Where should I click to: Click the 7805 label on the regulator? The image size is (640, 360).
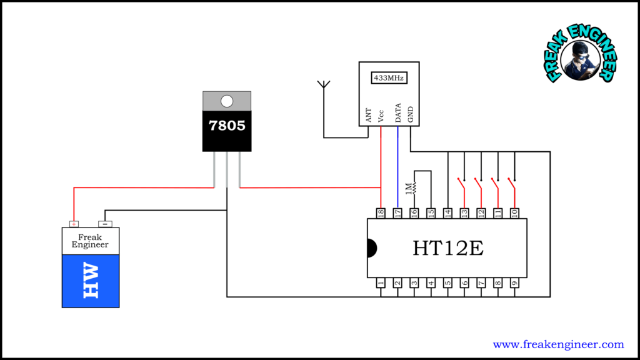coord(227,126)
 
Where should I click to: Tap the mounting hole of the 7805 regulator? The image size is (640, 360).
coord(227,101)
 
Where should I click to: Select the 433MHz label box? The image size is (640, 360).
coord(389,78)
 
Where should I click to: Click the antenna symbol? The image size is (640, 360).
coord(324,87)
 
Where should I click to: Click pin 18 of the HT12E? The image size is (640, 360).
coord(380,213)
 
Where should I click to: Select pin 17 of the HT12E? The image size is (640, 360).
coord(397,213)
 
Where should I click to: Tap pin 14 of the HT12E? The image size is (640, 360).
coord(447,213)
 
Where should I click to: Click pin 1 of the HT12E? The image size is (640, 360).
coord(380,283)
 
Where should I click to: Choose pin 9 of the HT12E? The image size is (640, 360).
coord(514,283)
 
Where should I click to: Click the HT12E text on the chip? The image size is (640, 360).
coord(447,248)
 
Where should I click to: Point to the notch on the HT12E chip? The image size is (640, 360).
coord(371,248)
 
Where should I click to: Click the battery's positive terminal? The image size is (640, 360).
coord(74,224)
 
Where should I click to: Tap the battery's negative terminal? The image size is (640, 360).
coord(105,224)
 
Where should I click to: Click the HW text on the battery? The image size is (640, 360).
coord(91,281)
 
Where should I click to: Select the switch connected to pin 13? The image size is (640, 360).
coord(462,184)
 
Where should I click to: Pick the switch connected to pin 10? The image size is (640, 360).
coord(513,184)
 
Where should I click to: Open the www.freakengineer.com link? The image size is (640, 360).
coord(558,344)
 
